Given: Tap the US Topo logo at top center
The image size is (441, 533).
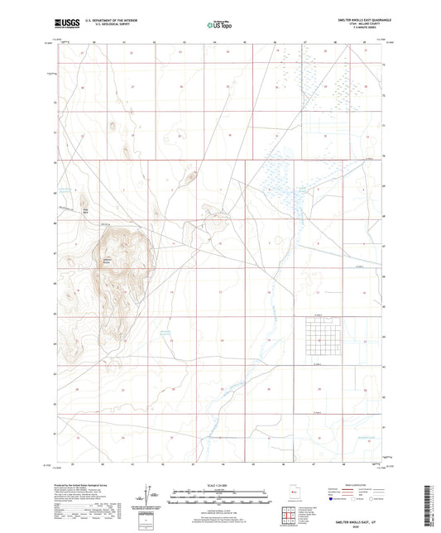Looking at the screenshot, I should click(220, 24).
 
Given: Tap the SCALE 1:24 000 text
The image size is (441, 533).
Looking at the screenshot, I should click(220, 484).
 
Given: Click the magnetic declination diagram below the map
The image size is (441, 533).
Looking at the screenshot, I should click(153, 494).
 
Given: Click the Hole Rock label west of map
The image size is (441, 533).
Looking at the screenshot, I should click(84, 209).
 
